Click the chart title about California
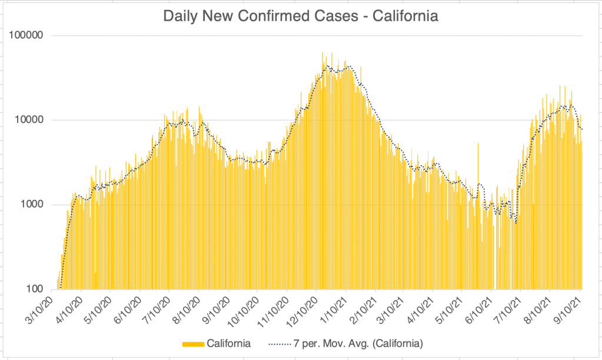(x=300, y=16)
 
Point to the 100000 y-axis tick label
(x=28, y=35)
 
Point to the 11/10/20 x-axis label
(x=274, y=309)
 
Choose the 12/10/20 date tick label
(x=304, y=309)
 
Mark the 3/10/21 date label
(x=392, y=308)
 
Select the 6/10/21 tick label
(x=480, y=308)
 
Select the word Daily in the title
(x=179, y=16)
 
